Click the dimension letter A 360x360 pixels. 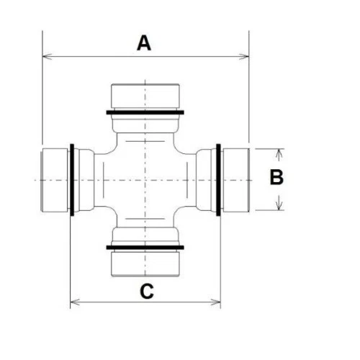pyautogui.click(x=145, y=43)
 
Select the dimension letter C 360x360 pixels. pyautogui.click(x=146, y=291)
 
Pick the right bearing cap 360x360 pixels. pyautogui.click(x=235, y=179)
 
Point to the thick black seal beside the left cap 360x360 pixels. pyautogui.click(x=72, y=179)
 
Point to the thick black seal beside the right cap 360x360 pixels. pyautogui.click(x=218, y=179)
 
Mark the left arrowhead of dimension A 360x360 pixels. pyautogui.click(x=46, y=55)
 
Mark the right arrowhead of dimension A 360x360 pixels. pyautogui.click(x=245, y=55)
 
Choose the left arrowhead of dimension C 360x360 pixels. pyautogui.click(x=73, y=302)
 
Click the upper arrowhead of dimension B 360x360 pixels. pyautogui.click(x=279, y=152)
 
